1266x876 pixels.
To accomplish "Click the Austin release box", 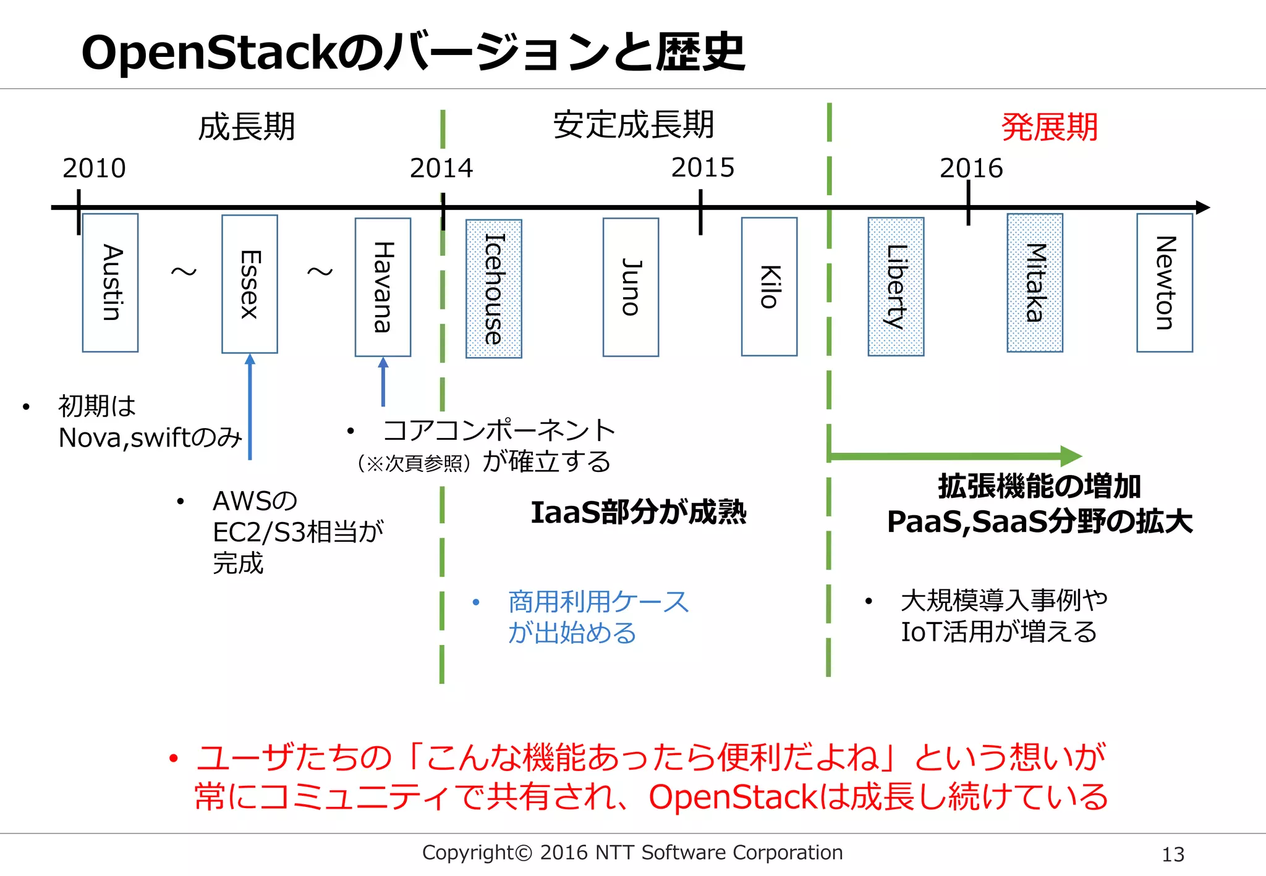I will coord(110,283).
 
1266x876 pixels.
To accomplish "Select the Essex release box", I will coord(250,284).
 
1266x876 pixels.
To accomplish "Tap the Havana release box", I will coord(383,287).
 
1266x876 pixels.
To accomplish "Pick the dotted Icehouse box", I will coord(493,288).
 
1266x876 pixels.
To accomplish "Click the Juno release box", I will coord(631,287).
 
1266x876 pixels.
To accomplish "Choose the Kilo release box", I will coord(769,287).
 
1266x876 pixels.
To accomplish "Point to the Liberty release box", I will coord(896,287).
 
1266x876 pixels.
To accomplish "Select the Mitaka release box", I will coord(1035,283).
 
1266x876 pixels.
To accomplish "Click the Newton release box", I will coord(1165,283).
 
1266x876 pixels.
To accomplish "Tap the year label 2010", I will coord(94,168).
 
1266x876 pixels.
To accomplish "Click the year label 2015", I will coord(703,167).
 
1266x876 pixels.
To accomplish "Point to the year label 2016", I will coord(971,168).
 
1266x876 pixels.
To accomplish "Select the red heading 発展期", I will coord(1049,127).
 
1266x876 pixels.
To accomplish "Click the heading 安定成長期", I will coord(634,125).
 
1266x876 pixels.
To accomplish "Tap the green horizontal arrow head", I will coord(1071,457).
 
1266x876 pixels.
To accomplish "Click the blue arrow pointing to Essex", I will coord(250,408).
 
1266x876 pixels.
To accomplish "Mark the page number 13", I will coord(1173,854).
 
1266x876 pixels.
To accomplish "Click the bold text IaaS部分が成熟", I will coord(639,512).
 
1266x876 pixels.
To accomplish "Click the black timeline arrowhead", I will coord(1202,208).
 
